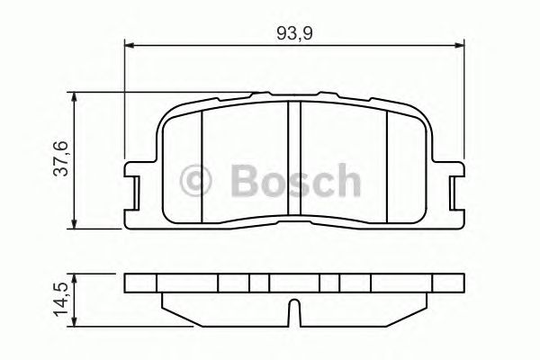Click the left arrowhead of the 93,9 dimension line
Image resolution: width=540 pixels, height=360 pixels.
[129, 43]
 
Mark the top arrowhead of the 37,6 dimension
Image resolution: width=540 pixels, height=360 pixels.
[76, 95]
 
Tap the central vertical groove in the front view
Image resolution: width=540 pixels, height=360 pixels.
[293, 162]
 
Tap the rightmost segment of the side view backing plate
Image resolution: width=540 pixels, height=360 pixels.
[447, 283]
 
